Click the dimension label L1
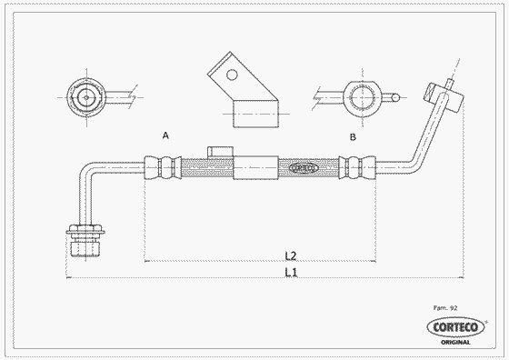[x=291, y=273]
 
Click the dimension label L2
[x=291, y=255]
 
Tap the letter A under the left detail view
[x=165, y=135]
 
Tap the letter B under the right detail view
[x=353, y=137]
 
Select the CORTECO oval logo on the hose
[x=304, y=168]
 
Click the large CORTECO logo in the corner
[x=455, y=327]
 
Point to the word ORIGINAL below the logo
[x=455, y=342]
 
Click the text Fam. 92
[x=445, y=308]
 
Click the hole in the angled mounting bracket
[x=232, y=75]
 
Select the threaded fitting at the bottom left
[x=85, y=241]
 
